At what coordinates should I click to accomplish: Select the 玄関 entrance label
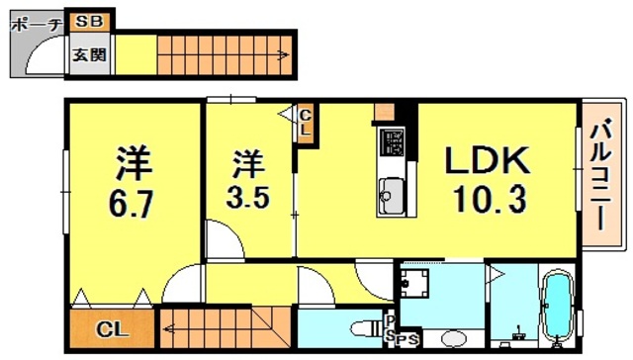[89, 55]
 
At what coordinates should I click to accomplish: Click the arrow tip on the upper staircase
[288, 55]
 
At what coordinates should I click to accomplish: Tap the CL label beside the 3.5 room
[306, 123]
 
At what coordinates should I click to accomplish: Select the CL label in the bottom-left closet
[110, 329]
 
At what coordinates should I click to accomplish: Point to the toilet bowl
[362, 327]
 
